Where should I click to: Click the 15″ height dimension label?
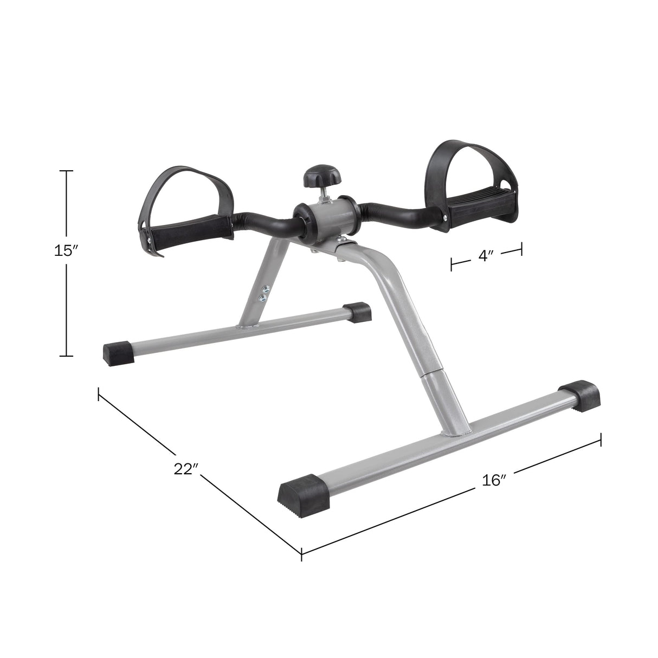67,251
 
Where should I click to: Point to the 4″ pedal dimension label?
486,256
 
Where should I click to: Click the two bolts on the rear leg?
264,293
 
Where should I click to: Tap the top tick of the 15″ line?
67,171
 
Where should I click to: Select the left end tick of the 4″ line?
451,264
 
